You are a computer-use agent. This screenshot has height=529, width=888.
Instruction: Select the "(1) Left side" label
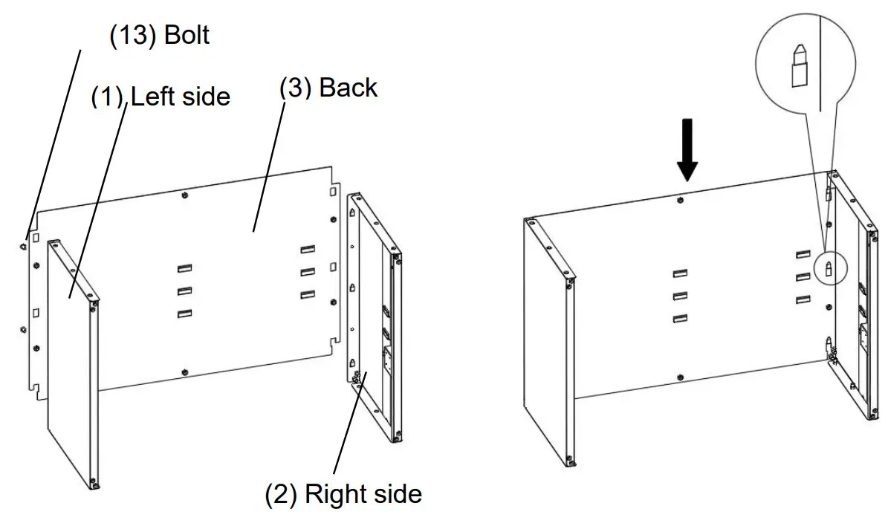(161, 97)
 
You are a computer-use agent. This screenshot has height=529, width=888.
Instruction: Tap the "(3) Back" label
(328, 88)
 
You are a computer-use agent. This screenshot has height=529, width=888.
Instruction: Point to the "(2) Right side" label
(343, 494)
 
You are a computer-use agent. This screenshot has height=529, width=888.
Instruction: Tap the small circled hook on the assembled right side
(829, 266)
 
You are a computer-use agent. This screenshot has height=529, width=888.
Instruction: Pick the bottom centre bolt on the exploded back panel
(183, 371)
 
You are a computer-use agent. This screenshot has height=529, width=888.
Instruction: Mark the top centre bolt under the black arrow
(681, 201)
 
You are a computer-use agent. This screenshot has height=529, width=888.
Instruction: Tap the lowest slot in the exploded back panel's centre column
(184, 314)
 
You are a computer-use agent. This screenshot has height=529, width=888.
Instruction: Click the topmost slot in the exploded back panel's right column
(308, 250)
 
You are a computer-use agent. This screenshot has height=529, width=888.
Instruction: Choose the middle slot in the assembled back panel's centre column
(679, 296)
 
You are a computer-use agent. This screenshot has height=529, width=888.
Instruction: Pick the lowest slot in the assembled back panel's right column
(802, 299)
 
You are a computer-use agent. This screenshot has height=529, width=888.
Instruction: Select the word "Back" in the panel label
(348, 88)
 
